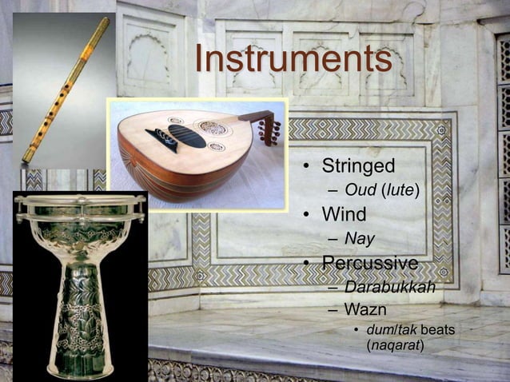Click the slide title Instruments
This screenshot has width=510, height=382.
pos(293,59)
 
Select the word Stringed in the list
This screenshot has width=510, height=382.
pos(358,167)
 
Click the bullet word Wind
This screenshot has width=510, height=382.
pos(344,215)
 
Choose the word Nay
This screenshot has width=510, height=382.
pos(359,238)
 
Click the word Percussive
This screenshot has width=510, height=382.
pos(369,263)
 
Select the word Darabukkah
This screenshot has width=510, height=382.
pos(389,286)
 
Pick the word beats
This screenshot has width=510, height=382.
pos(437,330)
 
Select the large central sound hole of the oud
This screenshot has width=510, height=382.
pos(213,127)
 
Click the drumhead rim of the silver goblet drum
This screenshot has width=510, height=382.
pos(80,200)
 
